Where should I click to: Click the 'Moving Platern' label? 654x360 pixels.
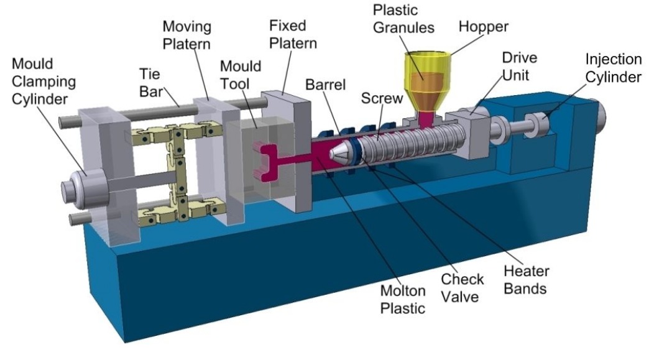pos(187,37)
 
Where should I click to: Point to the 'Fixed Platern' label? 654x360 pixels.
pos(293,35)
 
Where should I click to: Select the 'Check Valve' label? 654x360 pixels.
pos(460,288)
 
